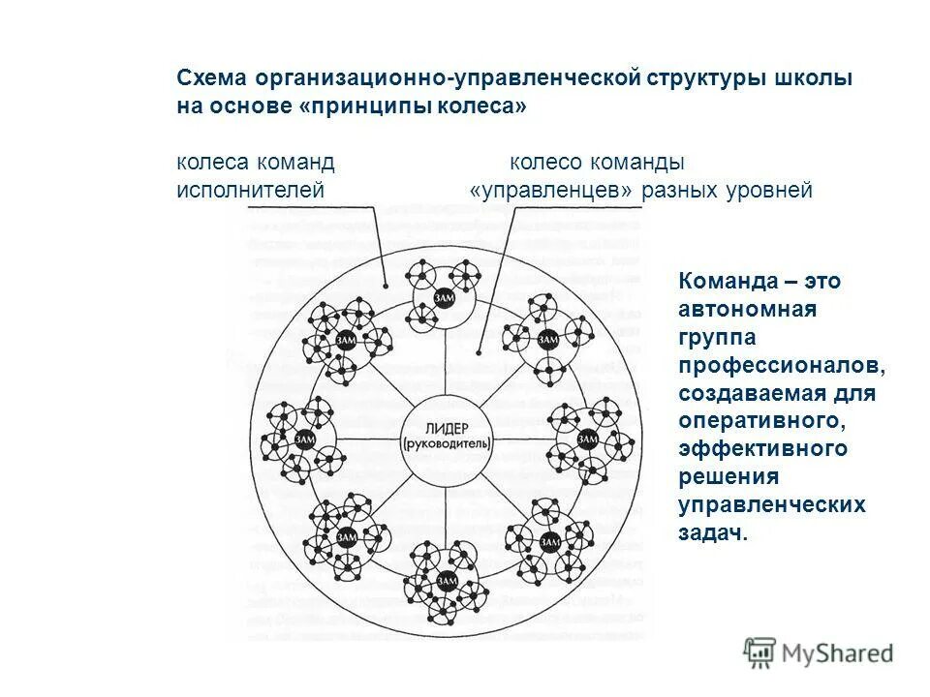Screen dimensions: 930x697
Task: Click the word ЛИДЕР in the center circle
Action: pos(447,427)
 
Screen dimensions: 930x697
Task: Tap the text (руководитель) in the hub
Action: pos(447,443)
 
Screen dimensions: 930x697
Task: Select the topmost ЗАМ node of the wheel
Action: pos(444,298)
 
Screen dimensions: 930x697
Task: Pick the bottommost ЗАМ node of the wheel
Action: pos(447,579)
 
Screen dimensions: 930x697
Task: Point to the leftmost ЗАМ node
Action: pos(305,439)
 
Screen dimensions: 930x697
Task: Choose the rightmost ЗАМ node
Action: pos(588,439)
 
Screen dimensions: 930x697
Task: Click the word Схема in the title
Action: pos(209,79)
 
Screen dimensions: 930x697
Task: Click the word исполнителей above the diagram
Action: pos(250,191)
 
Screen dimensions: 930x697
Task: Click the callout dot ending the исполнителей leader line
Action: pos(385,287)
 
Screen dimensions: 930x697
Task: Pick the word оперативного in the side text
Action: pos(758,421)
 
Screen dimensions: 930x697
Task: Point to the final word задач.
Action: pos(714,533)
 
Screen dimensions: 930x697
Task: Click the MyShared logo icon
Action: pos(760,652)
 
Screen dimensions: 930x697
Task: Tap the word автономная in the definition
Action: pos(748,310)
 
